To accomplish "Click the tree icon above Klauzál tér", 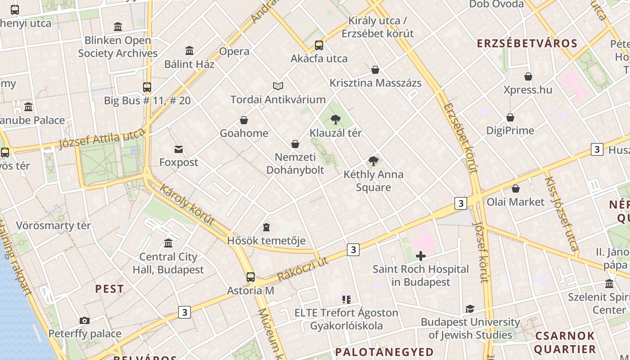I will pyautogui.click(x=335, y=119).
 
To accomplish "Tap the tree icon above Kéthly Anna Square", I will pyautogui.click(x=373, y=161).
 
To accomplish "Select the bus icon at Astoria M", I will pyautogui.click(x=251, y=277).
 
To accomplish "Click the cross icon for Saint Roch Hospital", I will pyautogui.click(x=421, y=256).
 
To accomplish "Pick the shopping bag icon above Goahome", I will pyautogui.click(x=244, y=120).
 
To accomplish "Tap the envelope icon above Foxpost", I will pyautogui.click(x=179, y=149).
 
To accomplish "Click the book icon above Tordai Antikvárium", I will pyautogui.click(x=278, y=86).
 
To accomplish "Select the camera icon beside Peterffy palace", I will pyautogui.click(x=84, y=320).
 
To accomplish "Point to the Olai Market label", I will pyautogui.click(x=516, y=202).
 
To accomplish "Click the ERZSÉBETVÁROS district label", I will pyautogui.click(x=527, y=44).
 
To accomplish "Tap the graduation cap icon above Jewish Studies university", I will pyautogui.click(x=470, y=309).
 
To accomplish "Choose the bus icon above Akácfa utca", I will pyautogui.click(x=319, y=45).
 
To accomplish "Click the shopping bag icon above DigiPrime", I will pyautogui.click(x=510, y=117).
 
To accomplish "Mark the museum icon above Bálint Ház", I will pyautogui.click(x=189, y=50).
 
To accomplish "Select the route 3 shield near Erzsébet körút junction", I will pyautogui.click(x=460, y=203).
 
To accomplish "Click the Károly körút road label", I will pyautogui.click(x=186, y=204).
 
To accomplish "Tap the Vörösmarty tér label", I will pyautogui.click(x=54, y=225).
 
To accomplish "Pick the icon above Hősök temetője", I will pyautogui.click(x=266, y=227).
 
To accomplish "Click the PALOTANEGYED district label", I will pyautogui.click(x=385, y=351).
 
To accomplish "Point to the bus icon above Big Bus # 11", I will pyautogui.click(x=147, y=87).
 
